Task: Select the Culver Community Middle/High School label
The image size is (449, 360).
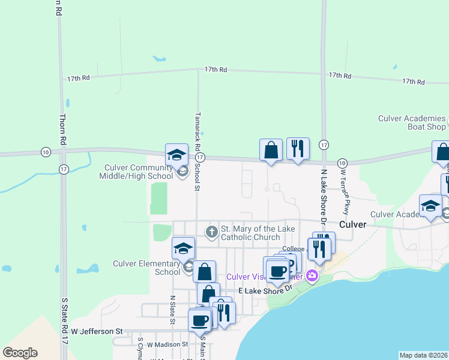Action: (139, 172)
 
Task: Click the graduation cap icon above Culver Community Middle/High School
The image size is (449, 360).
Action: (177, 155)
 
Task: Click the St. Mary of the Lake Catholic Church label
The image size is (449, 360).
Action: (250, 233)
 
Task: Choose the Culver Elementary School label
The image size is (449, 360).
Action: (146, 268)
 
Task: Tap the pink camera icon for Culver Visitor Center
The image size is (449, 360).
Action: (311, 276)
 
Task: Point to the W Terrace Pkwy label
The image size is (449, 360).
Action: (345, 191)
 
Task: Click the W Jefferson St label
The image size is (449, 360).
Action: (97, 331)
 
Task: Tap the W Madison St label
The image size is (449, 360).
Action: (167, 344)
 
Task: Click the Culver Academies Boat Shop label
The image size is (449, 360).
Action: (412, 122)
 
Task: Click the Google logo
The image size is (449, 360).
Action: (20, 353)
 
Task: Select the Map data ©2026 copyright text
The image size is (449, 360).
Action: (423, 355)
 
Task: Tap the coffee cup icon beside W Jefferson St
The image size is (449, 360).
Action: (199, 320)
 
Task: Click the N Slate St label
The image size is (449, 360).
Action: (172, 310)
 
